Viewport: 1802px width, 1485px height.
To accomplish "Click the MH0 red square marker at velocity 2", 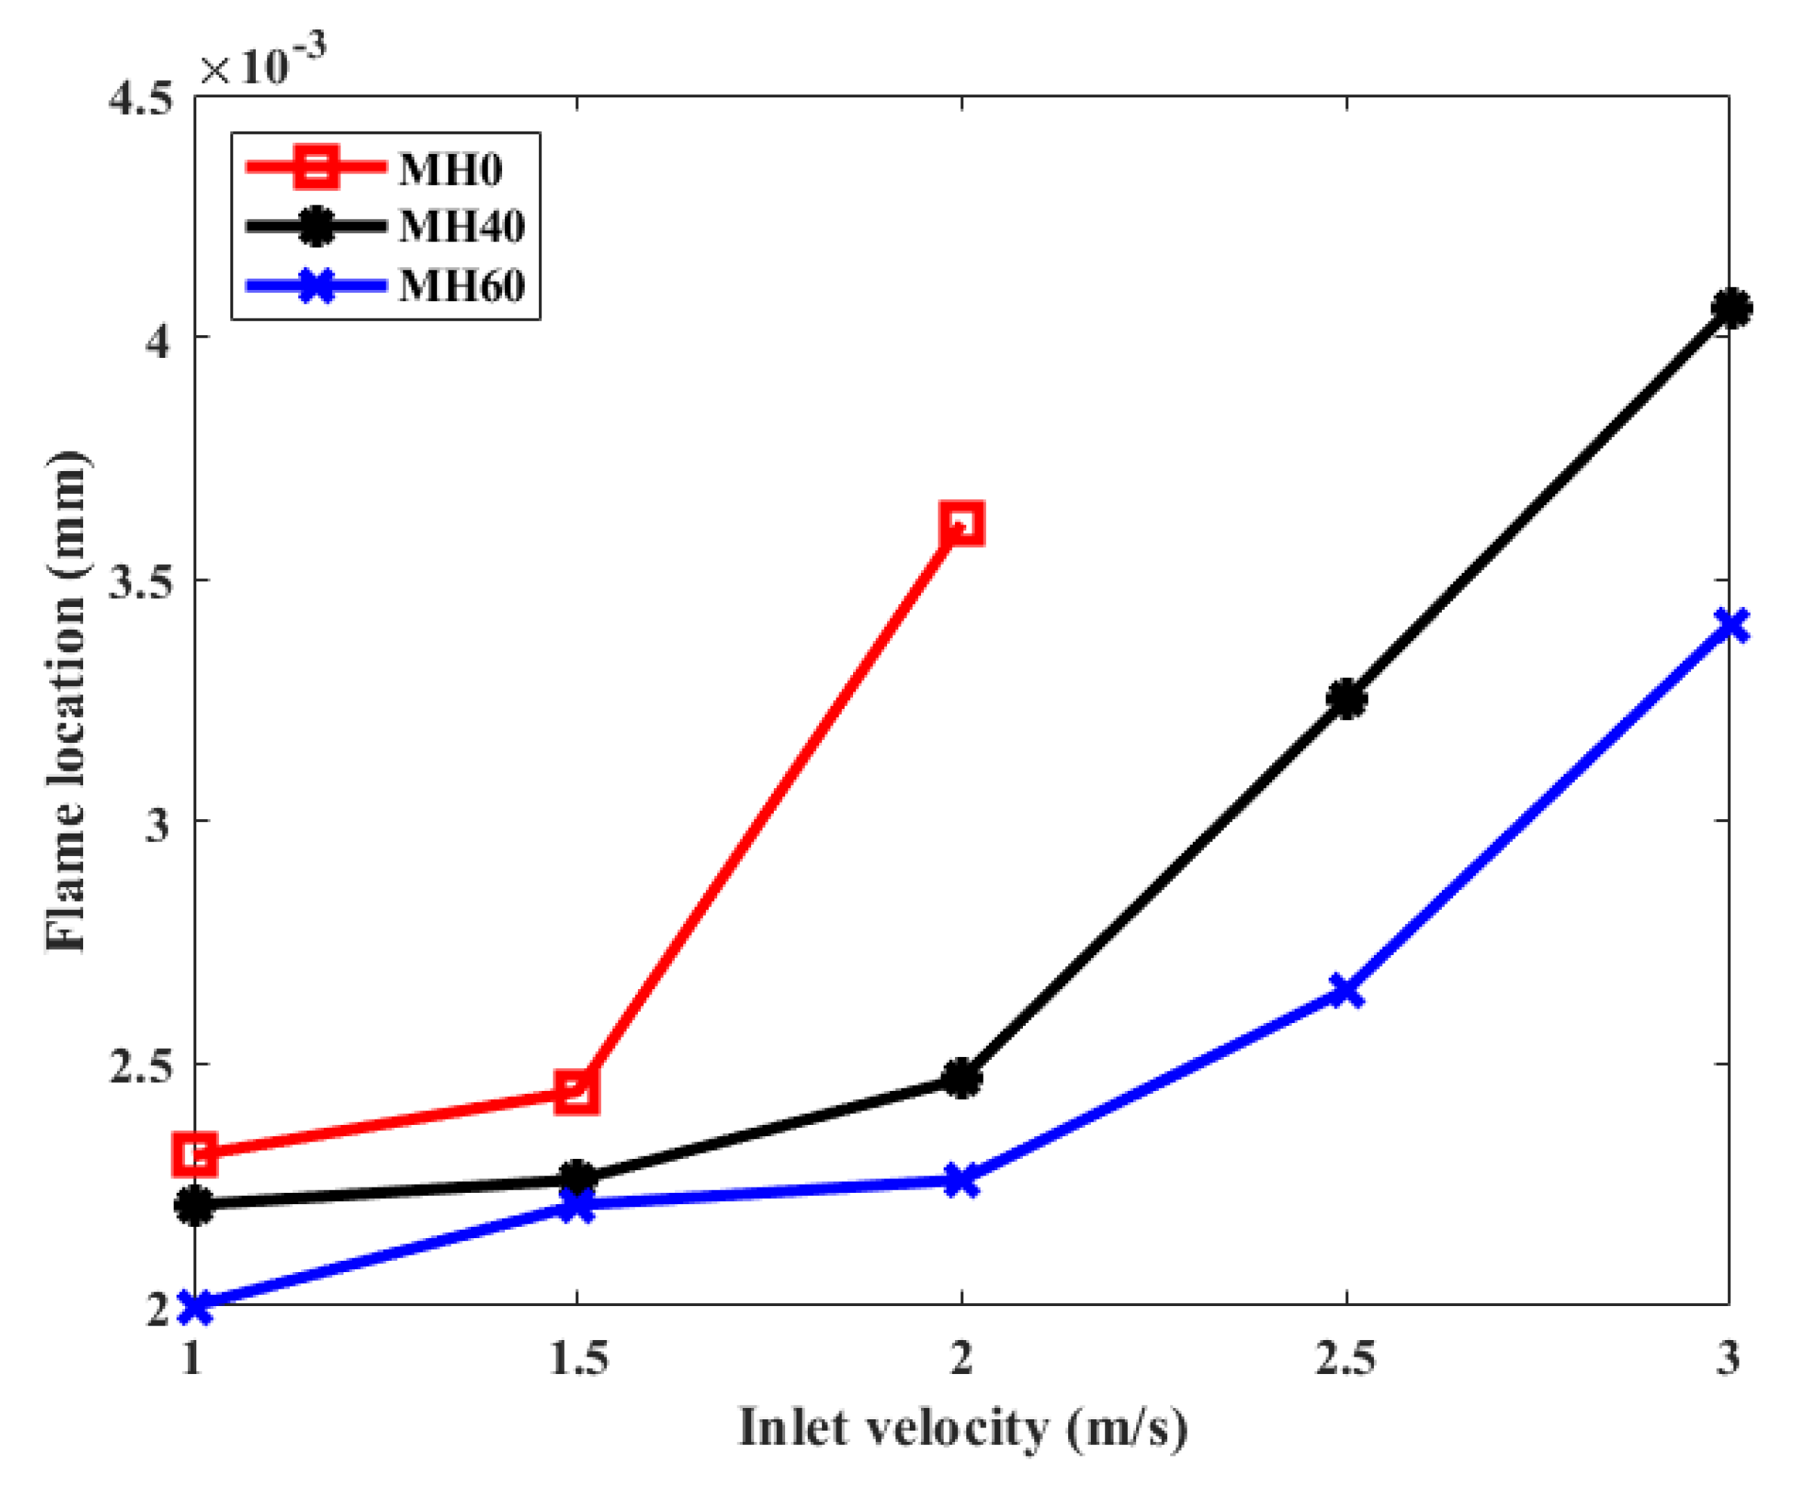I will pyautogui.click(x=961, y=523).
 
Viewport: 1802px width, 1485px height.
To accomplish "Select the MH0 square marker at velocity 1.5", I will pyautogui.click(x=577, y=1092).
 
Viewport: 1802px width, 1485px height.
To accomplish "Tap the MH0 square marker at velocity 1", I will pyautogui.click(x=195, y=1154).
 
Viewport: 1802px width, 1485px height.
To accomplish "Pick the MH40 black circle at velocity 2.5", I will pyautogui.click(x=1346, y=699).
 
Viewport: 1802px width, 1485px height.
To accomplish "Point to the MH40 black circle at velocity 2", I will pyautogui.click(x=961, y=1079).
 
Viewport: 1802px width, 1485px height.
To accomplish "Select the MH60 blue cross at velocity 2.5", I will pyautogui.click(x=1346, y=991).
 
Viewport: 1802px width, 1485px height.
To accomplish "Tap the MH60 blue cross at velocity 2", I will pyautogui.click(x=961, y=1182).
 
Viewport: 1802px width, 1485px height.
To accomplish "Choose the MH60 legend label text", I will pyautogui.click(x=461, y=285).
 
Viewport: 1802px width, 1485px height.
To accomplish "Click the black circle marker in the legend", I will pyautogui.click(x=316, y=226).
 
